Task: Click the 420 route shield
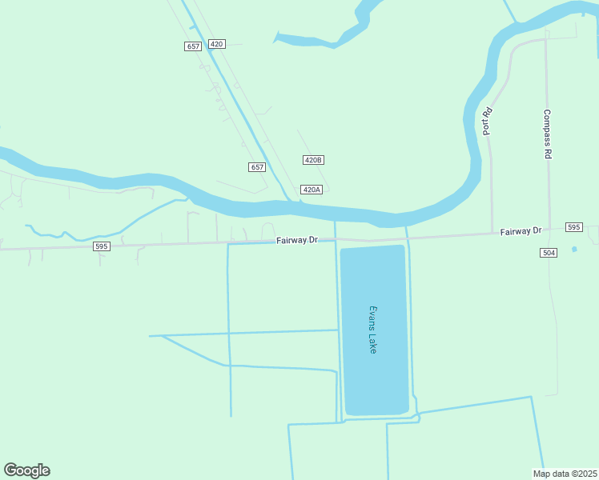tap(216, 44)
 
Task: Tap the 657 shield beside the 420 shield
tap(192, 46)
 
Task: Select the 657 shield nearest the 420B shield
tap(256, 167)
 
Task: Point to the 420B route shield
tap(313, 160)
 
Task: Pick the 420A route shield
tap(311, 190)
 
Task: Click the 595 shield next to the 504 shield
tap(573, 227)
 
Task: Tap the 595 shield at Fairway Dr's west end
tap(101, 246)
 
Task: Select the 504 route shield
tap(548, 253)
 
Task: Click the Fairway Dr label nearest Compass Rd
tap(521, 231)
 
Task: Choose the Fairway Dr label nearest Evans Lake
tap(297, 240)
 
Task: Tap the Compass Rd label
tap(548, 134)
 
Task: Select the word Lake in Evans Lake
tap(372, 344)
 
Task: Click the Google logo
tap(26, 470)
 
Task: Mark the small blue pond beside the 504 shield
tap(574, 250)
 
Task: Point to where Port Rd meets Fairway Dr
tap(492, 234)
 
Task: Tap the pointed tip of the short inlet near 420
tap(275, 34)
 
